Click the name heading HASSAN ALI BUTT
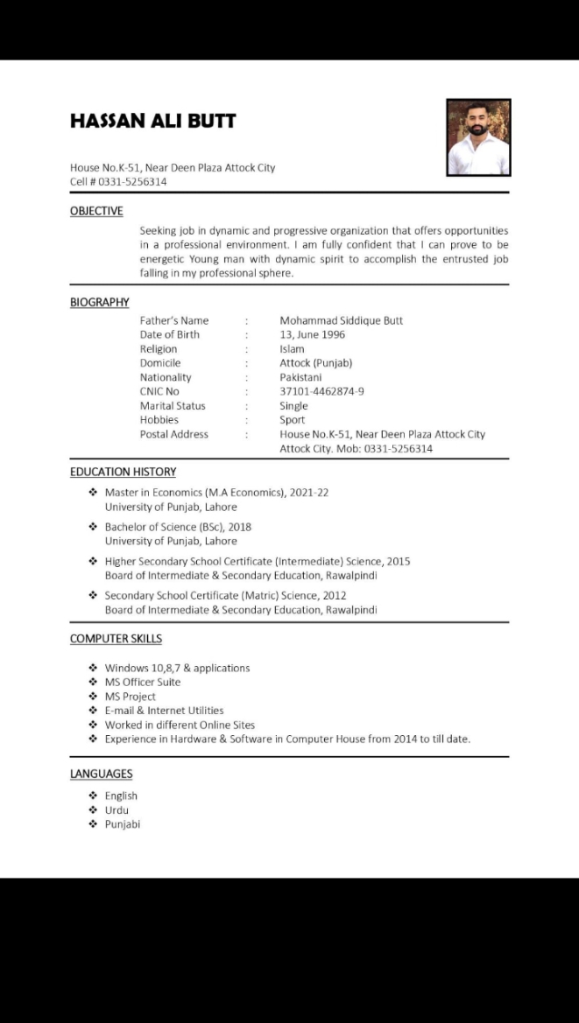tap(152, 121)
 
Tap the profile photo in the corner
tap(477, 137)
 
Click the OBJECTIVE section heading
tap(96, 211)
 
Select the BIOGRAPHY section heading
tap(99, 302)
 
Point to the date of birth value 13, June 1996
tap(312, 334)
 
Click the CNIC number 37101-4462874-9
tap(321, 391)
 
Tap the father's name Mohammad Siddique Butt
tap(341, 320)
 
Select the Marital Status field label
tap(173, 405)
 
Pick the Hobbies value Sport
tap(293, 419)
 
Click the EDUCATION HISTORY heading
tap(123, 472)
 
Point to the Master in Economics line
tap(216, 493)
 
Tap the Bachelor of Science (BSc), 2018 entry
tap(178, 527)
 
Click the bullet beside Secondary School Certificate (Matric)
tap(93, 595)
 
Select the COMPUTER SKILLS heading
tap(116, 639)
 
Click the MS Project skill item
tap(130, 697)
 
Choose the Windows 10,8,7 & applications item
tap(177, 668)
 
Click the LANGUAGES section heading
tap(101, 774)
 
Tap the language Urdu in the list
tap(117, 809)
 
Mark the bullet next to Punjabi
tap(93, 823)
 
